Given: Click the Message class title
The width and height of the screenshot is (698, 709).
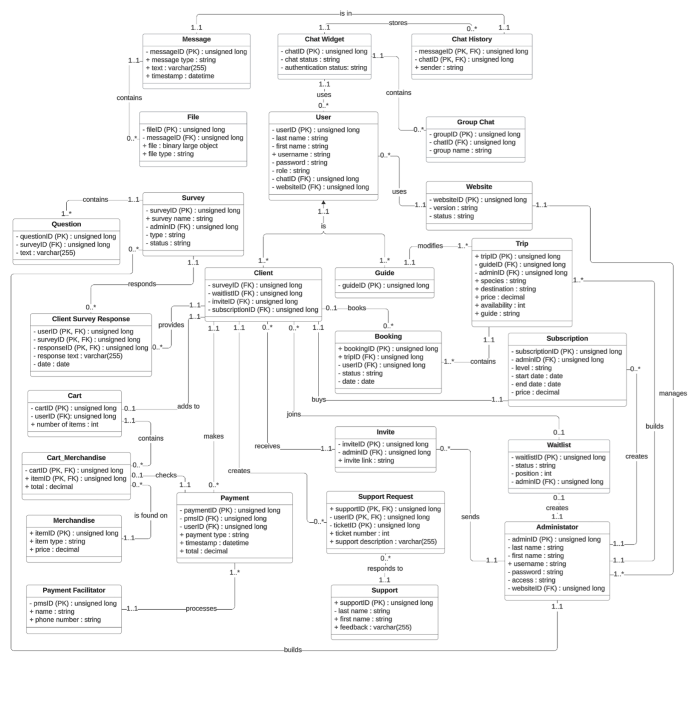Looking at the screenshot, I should [196, 39].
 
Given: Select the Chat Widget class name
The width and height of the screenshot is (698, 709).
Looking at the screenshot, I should [324, 39].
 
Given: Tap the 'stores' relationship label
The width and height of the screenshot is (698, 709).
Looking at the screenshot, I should [398, 23].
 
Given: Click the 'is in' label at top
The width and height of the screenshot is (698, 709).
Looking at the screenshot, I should [346, 13].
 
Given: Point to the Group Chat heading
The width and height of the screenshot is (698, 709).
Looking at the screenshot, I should [475, 122].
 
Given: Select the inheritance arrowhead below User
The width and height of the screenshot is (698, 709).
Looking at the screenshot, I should [323, 203].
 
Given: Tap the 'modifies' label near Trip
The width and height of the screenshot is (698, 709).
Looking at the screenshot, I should [430, 246].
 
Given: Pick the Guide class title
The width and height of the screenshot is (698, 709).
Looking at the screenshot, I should [384, 273].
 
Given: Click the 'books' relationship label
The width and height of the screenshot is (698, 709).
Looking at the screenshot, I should [357, 308].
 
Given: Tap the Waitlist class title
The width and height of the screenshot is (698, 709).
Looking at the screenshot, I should [559, 445].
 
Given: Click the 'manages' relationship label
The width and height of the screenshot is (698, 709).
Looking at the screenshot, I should [673, 393].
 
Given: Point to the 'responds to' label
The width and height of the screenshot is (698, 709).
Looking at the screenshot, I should [385, 568].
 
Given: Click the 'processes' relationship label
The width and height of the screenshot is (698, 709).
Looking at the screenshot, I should [201, 609].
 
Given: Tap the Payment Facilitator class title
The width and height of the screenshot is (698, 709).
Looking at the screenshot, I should [74, 590].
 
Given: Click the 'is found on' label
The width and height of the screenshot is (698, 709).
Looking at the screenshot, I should [151, 515].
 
